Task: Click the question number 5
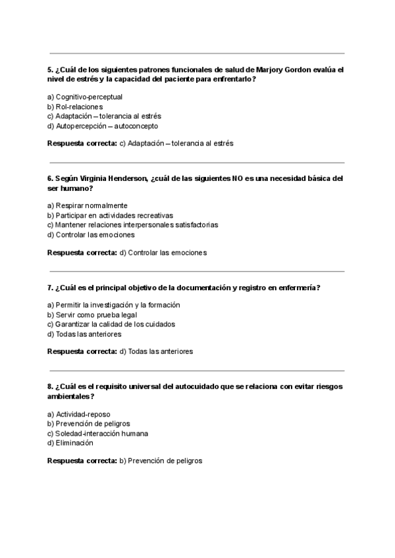50,69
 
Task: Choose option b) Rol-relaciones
75,107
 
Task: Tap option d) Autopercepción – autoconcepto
103,126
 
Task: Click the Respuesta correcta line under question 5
140,143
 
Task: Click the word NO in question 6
238,178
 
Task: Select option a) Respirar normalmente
88,205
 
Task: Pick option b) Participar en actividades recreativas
110,215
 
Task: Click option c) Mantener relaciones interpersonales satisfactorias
132,224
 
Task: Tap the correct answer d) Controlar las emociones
163,252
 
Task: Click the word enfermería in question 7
298,288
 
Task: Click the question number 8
50,387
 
